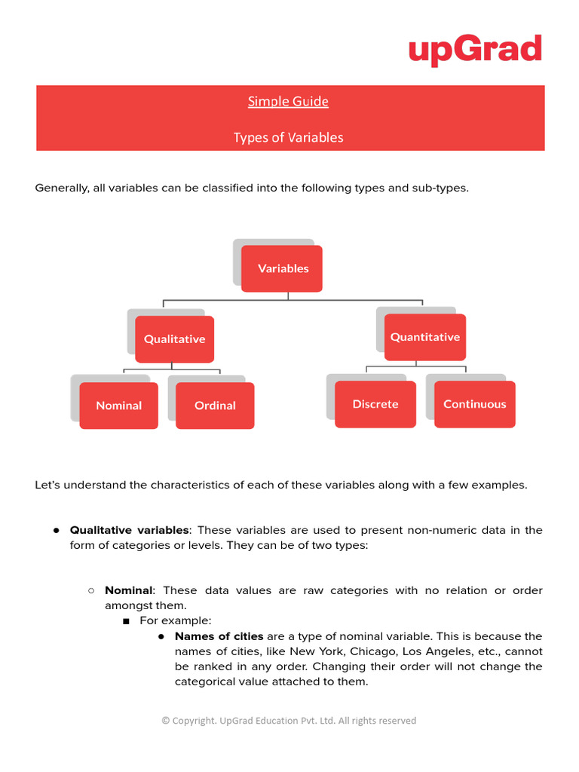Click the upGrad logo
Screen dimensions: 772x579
[x=475, y=50]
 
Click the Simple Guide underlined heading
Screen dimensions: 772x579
[x=288, y=101]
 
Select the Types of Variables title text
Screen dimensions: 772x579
[x=288, y=137]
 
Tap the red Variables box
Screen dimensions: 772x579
[x=283, y=268]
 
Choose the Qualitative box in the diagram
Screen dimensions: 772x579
[x=174, y=339]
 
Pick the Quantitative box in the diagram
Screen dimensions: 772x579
[x=424, y=337]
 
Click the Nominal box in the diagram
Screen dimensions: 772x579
[x=119, y=406]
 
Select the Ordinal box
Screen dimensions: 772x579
[x=215, y=406]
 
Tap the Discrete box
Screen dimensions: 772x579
[x=375, y=404]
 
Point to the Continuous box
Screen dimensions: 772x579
[x=475, y=404]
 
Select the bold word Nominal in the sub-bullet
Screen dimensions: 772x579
[x=128, y=590]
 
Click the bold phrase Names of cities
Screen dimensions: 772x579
[x=219, y=636]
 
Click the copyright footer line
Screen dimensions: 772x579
[x=289, y=721]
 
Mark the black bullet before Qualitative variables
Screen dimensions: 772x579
[x=57, y=530]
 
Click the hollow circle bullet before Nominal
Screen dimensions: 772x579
[x=91, y=590]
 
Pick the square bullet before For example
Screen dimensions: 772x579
[x=126, y=621]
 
